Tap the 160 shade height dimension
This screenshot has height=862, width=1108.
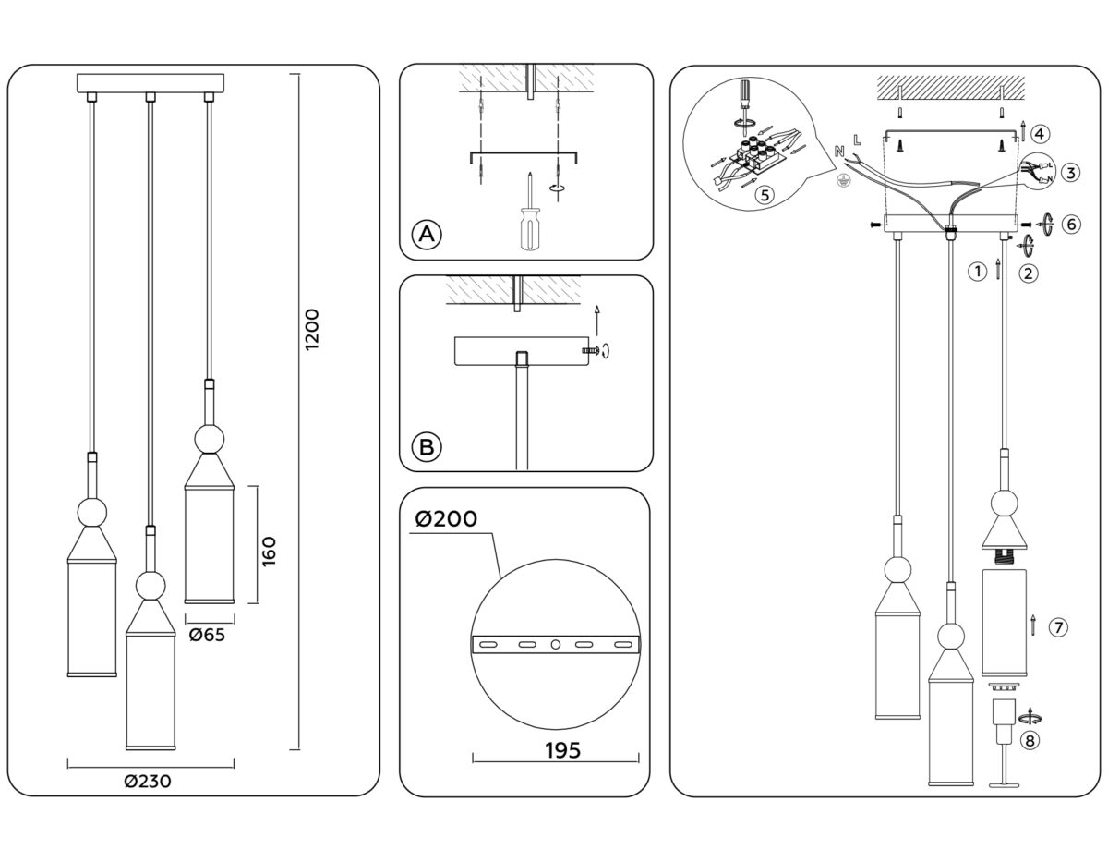pos(270,552)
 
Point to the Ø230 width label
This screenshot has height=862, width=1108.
pos(148,781)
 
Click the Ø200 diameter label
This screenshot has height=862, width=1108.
pos(447,519)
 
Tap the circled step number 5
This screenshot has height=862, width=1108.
pos(763,195)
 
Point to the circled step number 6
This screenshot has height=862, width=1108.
pos(1070,224)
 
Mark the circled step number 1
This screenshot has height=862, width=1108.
pos(974,272)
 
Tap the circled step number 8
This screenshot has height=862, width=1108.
pos(1030,739)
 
